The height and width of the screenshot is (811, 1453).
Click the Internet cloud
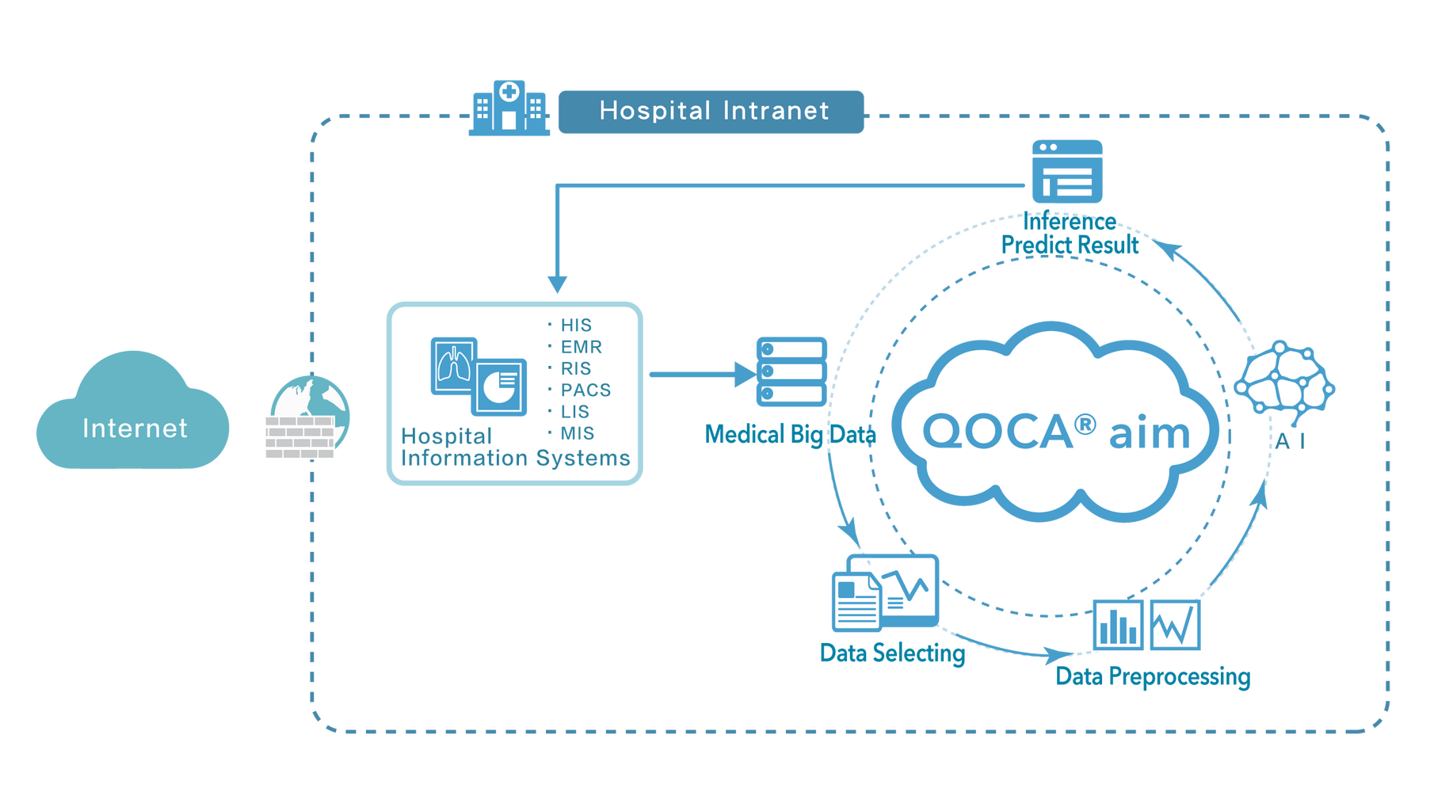(133, 416)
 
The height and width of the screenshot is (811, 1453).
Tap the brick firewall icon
(300, 437)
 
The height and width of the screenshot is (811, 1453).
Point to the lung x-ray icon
(453, 365)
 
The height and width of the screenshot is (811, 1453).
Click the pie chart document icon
(499, 386)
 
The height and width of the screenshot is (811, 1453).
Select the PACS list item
(585, 390)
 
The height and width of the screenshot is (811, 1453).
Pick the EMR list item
(581, 347)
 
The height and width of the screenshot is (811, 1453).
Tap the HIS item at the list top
(575, 326)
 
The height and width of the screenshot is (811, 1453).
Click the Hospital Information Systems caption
(515, 447)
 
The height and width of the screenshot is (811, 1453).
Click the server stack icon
(791, 371)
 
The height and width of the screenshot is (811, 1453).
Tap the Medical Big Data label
(790, 433)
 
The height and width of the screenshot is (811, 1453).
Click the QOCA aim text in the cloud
(1055, 432)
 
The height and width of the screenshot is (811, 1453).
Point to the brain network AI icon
(1284, 379)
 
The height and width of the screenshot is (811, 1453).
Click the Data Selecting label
(892, 653)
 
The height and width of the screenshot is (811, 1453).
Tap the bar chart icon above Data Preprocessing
(1119, 625)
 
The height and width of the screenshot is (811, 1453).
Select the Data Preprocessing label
(1153, 677)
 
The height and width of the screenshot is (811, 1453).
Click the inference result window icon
(1066, 171)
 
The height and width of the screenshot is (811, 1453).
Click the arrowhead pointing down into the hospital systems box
(558, 284)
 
